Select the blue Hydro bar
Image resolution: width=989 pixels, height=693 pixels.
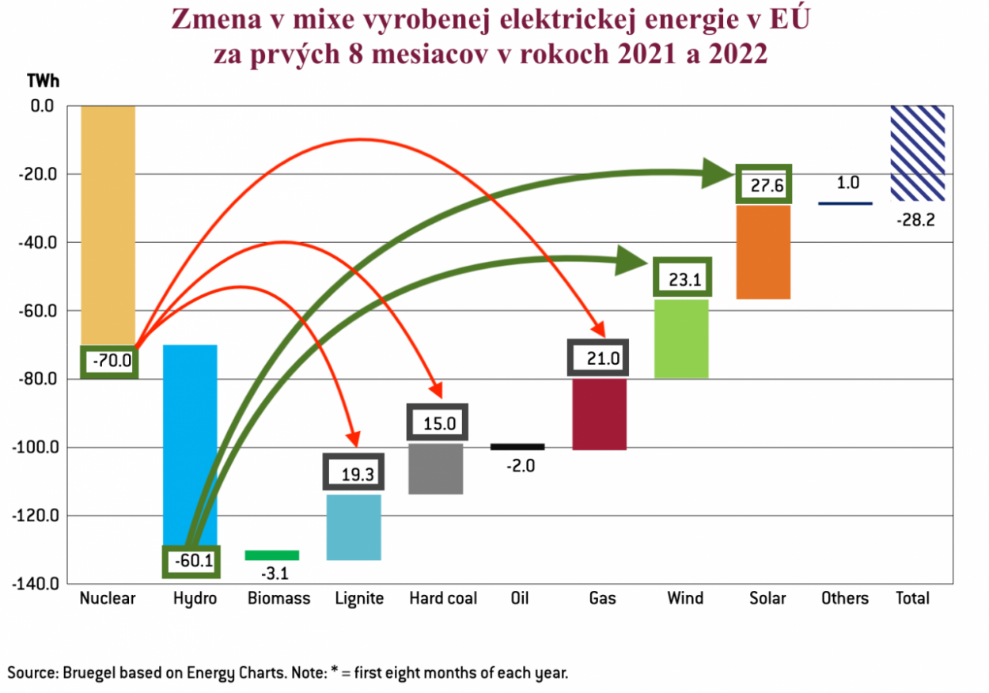190,443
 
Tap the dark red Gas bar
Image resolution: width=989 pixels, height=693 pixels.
600,415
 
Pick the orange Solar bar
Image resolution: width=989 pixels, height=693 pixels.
764,252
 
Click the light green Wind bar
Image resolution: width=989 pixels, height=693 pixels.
681,339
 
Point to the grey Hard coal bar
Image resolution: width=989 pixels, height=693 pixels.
436,468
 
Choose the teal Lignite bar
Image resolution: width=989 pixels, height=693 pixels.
354,527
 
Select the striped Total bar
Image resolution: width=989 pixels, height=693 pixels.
917,153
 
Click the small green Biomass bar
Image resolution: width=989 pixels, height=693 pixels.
272,555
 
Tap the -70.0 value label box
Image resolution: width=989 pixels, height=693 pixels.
109,362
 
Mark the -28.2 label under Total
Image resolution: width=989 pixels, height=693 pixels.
915,221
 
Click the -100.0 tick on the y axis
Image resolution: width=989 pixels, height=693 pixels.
35,448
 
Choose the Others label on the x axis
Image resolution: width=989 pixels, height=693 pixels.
845,598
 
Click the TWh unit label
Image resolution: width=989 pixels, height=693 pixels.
44,81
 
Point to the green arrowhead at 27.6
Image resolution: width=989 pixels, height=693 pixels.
717,173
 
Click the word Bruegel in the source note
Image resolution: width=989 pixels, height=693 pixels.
91,673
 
